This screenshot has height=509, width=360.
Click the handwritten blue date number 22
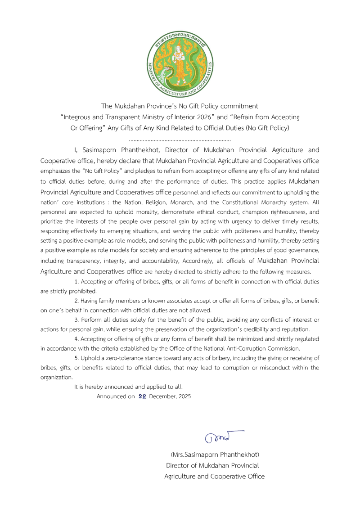point(142,396)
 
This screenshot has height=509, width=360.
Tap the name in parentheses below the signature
point(215,455)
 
